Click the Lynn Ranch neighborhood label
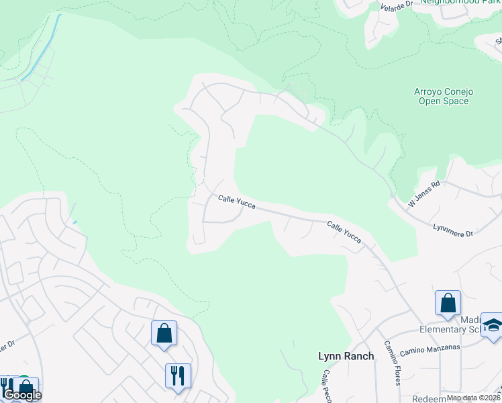tap(346, 356)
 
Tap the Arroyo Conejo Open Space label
tap(442, 96)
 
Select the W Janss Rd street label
tap(424, 193)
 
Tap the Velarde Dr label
tap(395, 8)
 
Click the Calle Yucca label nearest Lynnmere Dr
tap(344, 232)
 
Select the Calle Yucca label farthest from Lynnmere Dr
tap(236, 201)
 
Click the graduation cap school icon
tap(492, 325)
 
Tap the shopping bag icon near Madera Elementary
tap(448, 302)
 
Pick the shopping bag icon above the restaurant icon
tap(164, 332)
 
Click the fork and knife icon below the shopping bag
tap(178, 375)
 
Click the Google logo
tap(22, 395)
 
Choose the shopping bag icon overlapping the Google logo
tap(26, 387)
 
